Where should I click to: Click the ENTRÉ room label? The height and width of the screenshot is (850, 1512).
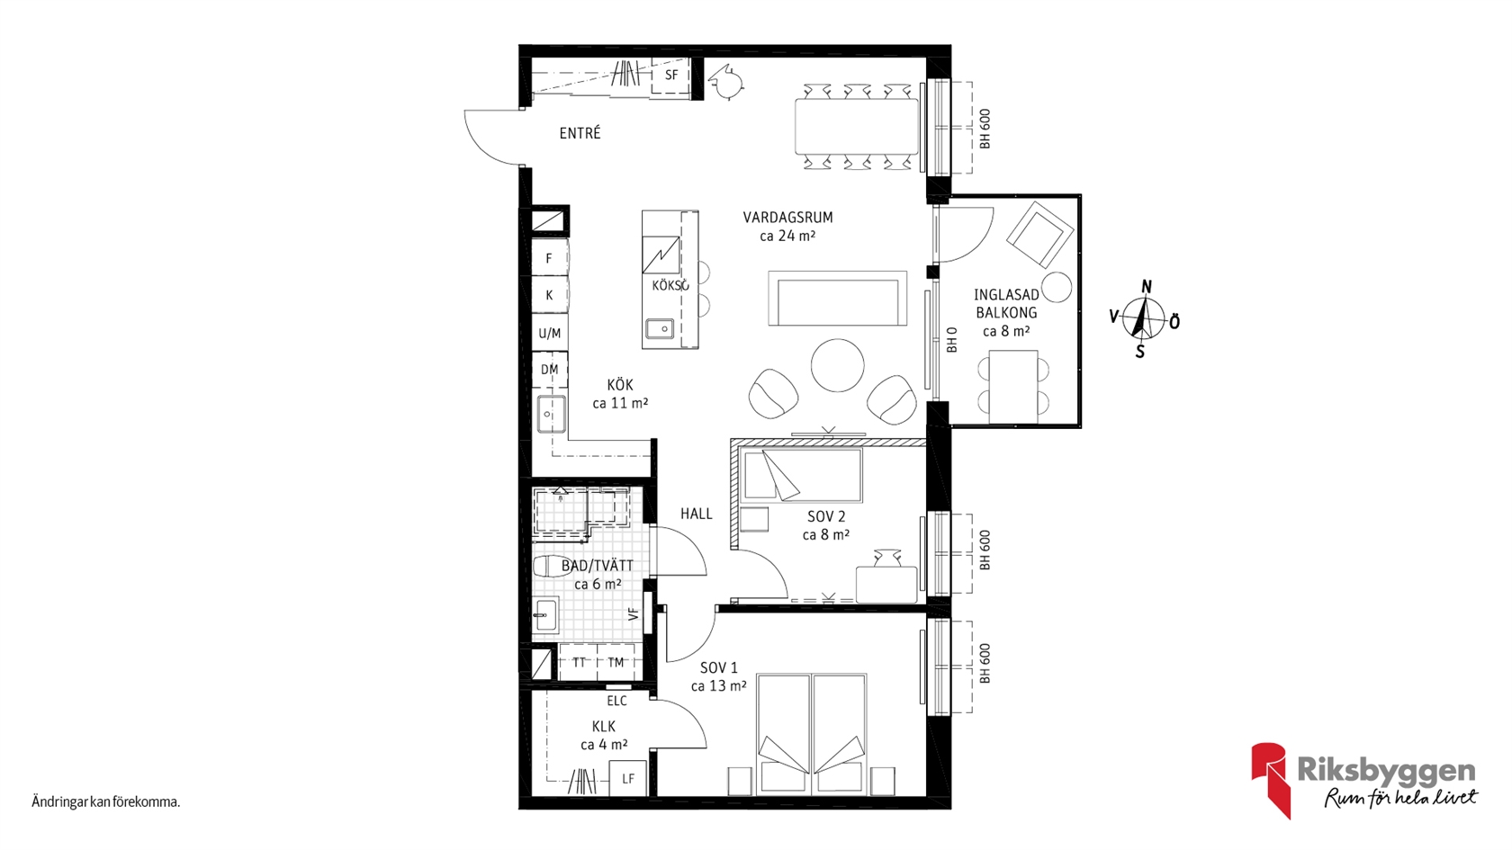pyautogui.click(x=580, y=133)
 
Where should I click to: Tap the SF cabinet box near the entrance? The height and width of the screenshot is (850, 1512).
pyautogui.click(x=671, y=76)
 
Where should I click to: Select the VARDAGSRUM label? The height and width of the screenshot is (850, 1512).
pyautogui.click(x=787, y=218)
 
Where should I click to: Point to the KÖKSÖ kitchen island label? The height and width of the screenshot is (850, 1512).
pyautogui.click(x=670, y=285)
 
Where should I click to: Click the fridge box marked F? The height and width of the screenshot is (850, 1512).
pyautogui.click(x=549, y=257)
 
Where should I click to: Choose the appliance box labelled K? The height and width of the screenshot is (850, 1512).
pyautogui.click(x=549, y=295)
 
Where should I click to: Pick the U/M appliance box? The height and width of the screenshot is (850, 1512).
pyautogui.click(x=549, y=333)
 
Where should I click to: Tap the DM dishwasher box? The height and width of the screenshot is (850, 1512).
pyautogui.click(x=549, y=370)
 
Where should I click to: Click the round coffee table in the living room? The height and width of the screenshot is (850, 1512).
pyautogui.click(x=837, y=365)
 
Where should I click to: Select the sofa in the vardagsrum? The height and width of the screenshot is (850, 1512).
pyautogui.click(x=837, y=299)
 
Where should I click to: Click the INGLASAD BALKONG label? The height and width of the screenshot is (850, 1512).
pyautogui.click(x=1006, y=304)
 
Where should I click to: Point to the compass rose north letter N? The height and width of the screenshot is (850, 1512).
pyautogui.click(x=1147, y=287)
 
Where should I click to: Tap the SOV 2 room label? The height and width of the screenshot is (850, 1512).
pyautogui.click(x=826, y=516)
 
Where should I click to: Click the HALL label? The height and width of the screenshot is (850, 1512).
pyautogui.click(x=696, y=514)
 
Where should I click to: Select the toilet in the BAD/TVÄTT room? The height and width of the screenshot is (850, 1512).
pyautogui.click(x=550, y=565)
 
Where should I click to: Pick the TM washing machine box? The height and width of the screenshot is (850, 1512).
pyautogui.click(x=616, y=662)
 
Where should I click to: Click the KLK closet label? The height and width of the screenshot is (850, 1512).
pyautogui.click(x=603, y=727)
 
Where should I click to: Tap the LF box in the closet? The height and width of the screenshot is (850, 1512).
pyautogui.click(x=628, y=779)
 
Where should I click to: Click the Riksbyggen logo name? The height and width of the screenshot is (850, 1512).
pyautogui.click(x=1386, y=771)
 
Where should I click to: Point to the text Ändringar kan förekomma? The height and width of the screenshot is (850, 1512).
pyautogui.click(x=106, y=802)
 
